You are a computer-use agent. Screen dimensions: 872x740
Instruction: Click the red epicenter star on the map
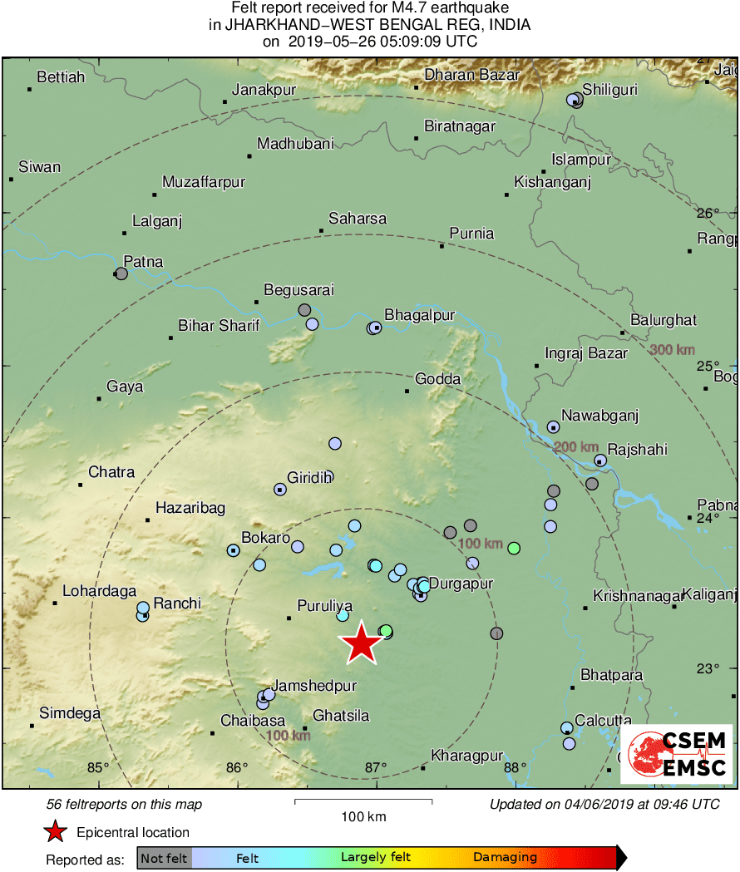361,644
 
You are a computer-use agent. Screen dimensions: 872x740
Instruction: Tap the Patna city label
143,262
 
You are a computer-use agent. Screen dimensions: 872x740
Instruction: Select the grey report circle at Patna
121,273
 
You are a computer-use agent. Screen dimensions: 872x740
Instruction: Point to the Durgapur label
461,584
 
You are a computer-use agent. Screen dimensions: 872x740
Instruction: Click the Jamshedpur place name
315,686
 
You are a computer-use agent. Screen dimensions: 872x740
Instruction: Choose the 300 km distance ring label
672,350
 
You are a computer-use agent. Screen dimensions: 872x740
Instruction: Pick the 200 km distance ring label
576,447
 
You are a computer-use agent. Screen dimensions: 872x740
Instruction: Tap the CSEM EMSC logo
676,754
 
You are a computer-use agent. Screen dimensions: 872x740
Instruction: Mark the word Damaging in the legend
506,857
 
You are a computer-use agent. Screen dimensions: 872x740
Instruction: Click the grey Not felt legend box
164,857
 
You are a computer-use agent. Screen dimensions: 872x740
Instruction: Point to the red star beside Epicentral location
55,832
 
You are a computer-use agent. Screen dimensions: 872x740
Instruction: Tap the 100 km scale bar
363,802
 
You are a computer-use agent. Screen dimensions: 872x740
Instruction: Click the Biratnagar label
460,126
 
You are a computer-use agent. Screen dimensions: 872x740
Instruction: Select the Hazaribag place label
190,508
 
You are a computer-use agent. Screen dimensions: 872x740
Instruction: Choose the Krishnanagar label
632,596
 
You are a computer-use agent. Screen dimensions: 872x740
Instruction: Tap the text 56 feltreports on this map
125,804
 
